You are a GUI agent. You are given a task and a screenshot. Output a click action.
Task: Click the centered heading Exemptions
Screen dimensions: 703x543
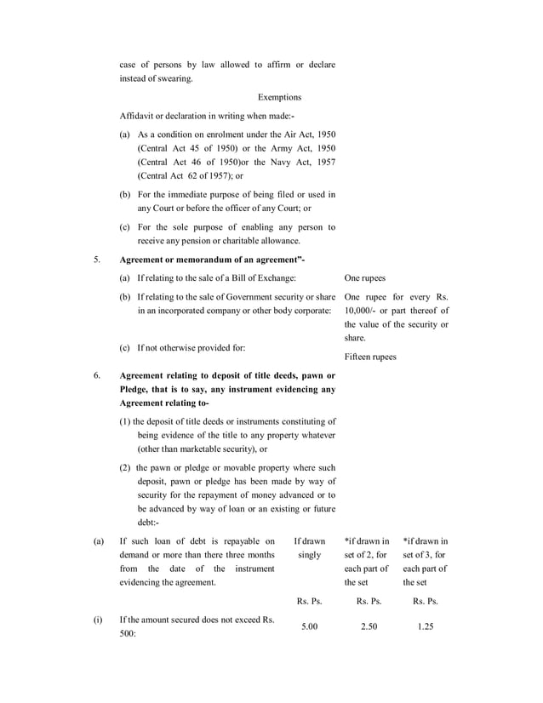click(x=279, y=98)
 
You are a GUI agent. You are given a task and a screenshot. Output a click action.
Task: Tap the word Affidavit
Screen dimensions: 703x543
click(x=136, y=117)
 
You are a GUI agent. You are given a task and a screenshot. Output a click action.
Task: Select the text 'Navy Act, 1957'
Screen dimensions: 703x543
click(x=306, y=162)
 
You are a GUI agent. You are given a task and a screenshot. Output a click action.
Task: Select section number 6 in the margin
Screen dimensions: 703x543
click(x=96, y=375)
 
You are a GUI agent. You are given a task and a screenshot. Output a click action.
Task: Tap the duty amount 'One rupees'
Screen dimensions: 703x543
click(x=365, y=278)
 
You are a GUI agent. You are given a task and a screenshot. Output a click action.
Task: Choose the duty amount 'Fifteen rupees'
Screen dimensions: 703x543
click(x=370, y=357)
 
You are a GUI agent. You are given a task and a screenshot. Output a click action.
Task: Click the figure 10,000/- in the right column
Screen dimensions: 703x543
click(x=363, y=311)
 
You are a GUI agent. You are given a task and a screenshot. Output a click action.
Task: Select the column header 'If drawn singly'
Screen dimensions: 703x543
click(x=309, y=548)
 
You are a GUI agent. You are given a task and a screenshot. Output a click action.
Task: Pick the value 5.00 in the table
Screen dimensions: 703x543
click(x=309, y=626)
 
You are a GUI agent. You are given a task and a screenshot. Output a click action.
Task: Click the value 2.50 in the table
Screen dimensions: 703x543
click(x=368, y=626)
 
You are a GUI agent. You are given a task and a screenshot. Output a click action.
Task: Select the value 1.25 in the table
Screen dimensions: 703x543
click(x=425, y=626)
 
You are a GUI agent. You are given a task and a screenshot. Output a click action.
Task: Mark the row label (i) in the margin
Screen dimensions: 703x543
click(x=97, y=620)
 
